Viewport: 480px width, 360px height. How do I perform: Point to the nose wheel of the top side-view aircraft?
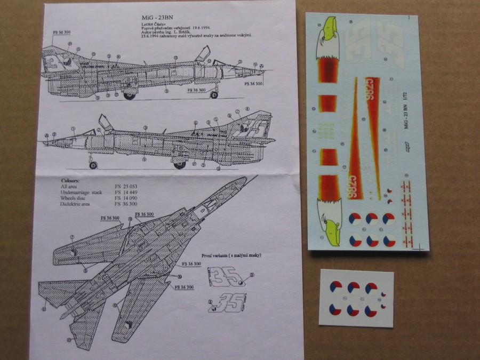[214, 95]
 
